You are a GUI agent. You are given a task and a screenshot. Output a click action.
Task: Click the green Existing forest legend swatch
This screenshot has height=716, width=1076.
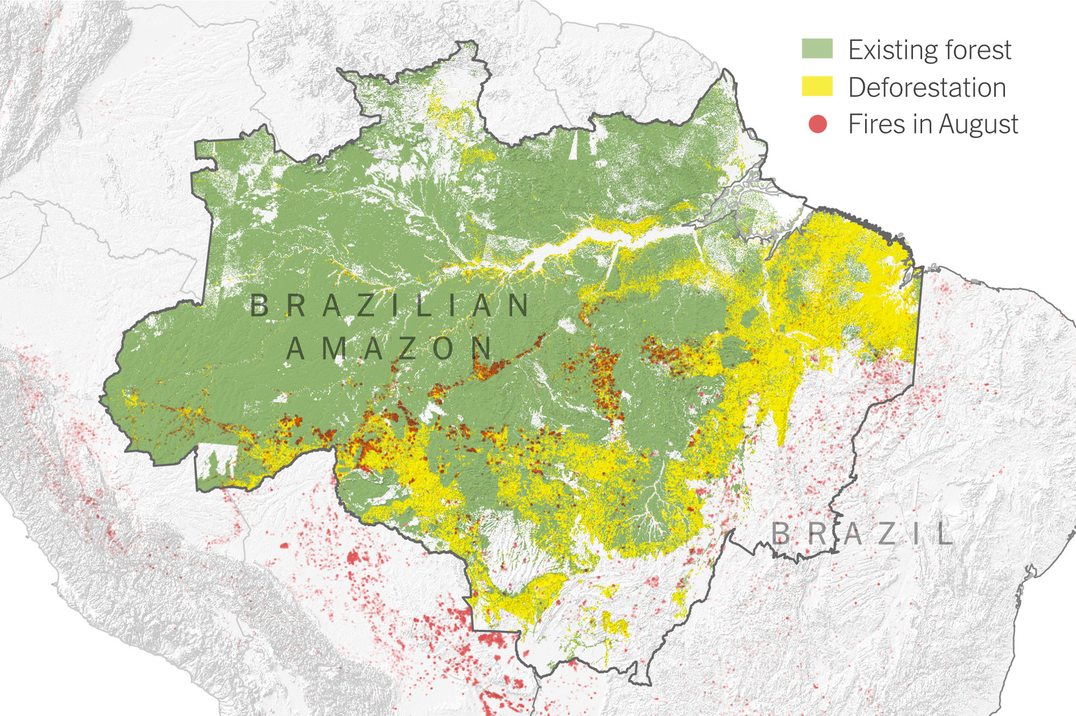[x=817, y=48]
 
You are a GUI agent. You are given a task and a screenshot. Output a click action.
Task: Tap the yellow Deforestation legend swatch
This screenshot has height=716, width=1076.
[x=817, y=86]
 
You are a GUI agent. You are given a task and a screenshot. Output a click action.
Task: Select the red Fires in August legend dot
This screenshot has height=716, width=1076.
[x=817, y=124]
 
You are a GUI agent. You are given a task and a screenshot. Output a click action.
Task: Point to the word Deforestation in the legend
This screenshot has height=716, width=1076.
[x=926, y=87]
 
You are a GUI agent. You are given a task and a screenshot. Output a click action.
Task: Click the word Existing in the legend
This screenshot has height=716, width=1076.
[x=893, y=50]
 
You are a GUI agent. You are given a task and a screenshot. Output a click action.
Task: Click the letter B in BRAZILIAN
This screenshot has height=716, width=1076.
[x=259, y=306]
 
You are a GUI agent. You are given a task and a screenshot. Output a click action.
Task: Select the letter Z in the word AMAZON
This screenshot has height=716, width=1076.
[x=408, y=348]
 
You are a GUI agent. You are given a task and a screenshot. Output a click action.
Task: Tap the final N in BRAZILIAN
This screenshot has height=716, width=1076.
[x=519, y=306]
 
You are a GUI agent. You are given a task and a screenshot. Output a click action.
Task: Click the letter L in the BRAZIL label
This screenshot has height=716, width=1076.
[x=944, y=534]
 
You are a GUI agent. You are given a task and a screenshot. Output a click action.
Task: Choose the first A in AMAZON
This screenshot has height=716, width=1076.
[x=296, y=348]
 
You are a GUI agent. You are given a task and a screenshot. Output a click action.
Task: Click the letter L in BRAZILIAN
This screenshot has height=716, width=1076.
[x=424, y=306]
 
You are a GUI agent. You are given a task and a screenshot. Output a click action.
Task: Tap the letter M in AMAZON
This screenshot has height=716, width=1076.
[x=334, y=348]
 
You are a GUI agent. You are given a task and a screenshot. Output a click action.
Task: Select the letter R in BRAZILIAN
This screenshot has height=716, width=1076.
[x=296, y=306]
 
